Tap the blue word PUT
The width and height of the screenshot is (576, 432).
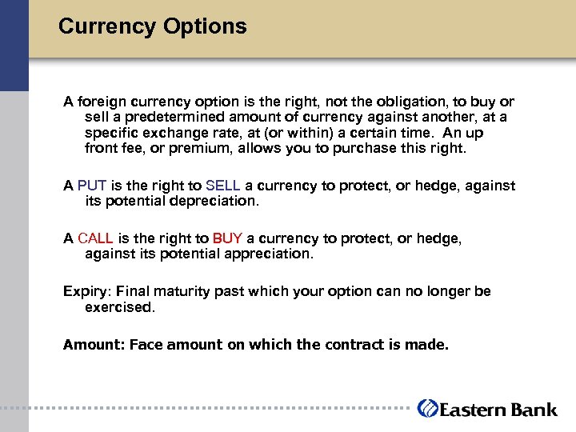pos(92,186)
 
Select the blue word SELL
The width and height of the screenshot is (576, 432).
pos(222,186)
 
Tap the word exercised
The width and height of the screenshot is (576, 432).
pos(118,306)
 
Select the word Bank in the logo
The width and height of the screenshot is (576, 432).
pos(534,409)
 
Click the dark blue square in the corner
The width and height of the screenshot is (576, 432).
pos(14,45)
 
